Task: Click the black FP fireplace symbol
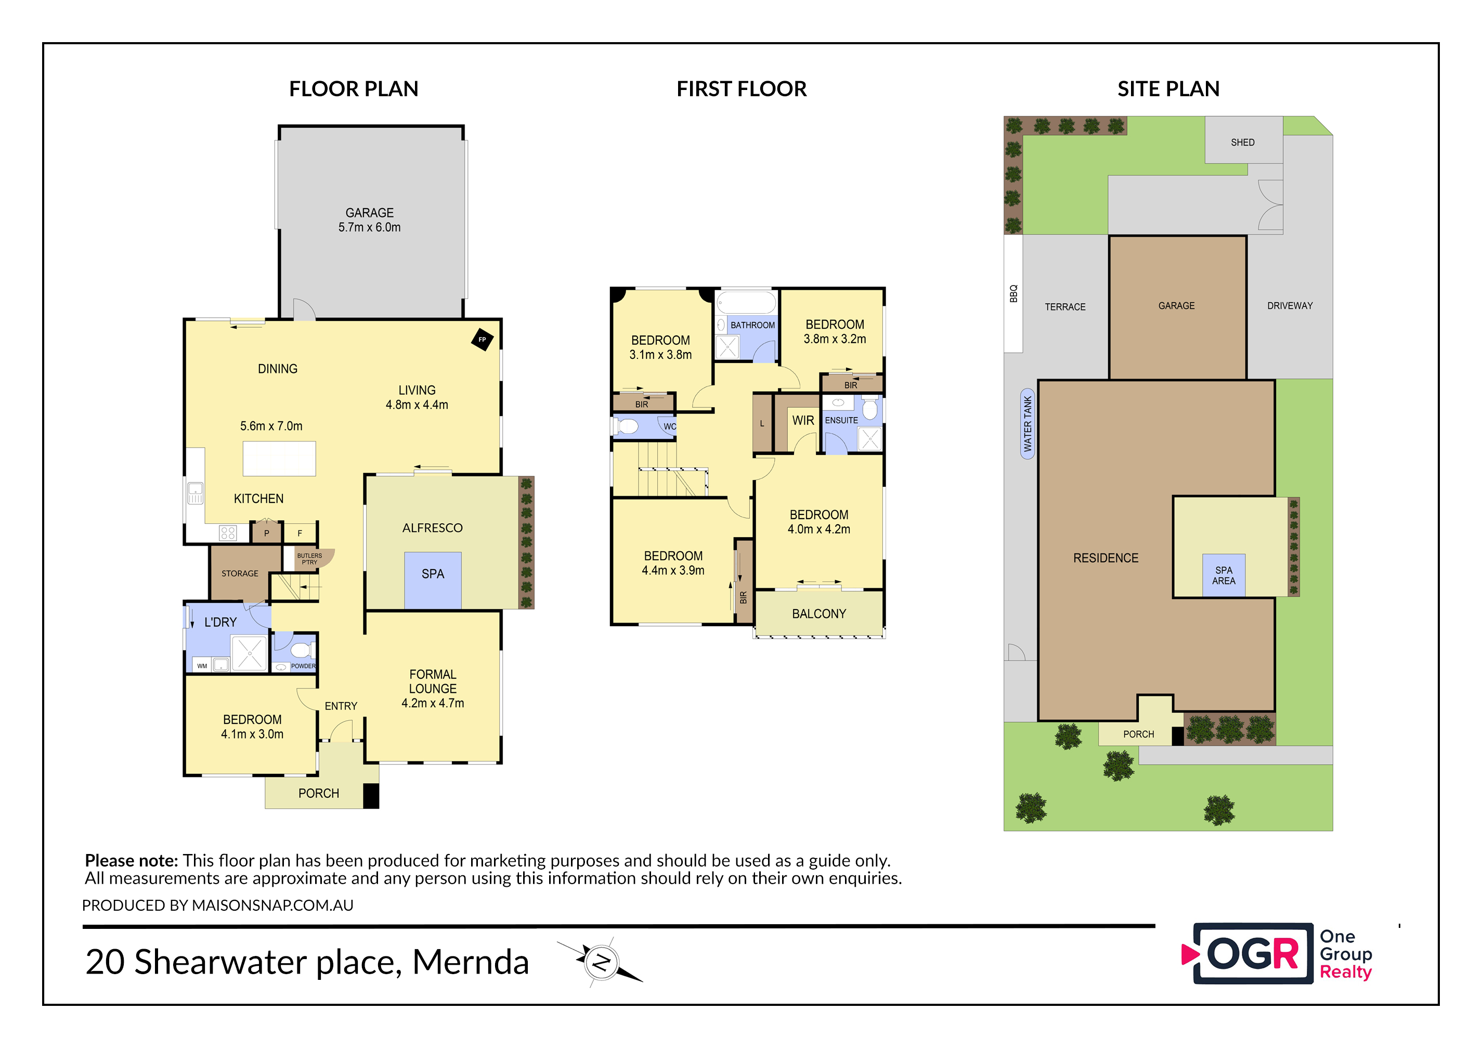click(x=482, y=340)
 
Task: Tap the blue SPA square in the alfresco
click(x=433, y=580)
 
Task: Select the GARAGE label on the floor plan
click(x=369, y=212)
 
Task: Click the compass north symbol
click(x=602, y=962)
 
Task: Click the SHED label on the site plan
click(x=1242, y=142)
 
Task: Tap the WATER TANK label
click(x=1028, y=423)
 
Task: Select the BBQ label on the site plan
click(x=1013, y=293)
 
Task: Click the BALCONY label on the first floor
click(x=819, y=613)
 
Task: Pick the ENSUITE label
click(x=842, y=420)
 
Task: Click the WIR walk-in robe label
click(x=803, y=420)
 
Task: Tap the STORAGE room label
click(x=240, y=573)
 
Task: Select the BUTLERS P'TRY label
click(x=309, y=559)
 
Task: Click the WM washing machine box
click(x=202, y=666)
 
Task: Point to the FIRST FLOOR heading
click(x=742, y=88)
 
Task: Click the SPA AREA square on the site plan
click(x=1224, y=575)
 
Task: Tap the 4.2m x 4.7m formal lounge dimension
click(x=433, y=703)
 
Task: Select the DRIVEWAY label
click(x=1290, y=305)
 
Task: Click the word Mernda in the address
click(x=471, y=962)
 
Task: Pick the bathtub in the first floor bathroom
click(x=746, y=303)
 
